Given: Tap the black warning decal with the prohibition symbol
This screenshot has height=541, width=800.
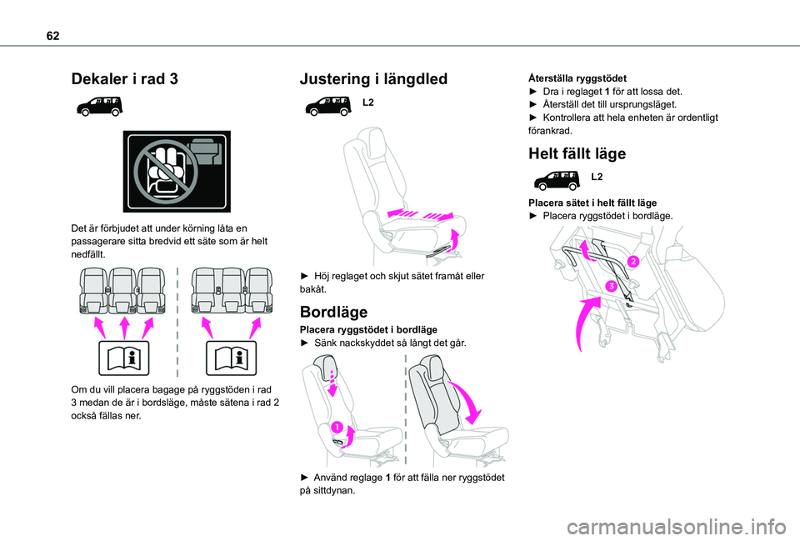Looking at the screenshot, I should (x=177, y=171).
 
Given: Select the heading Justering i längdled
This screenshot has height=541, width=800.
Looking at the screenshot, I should (x=373, y=78).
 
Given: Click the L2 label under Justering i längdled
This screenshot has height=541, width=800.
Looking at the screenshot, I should (x=368, y=102).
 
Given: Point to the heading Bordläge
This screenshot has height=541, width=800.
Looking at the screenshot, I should (x=333, y=312).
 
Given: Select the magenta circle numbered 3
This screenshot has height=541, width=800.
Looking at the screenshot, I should (x=612, y=287).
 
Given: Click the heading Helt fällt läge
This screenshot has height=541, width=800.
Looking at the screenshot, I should (x=577, y=153).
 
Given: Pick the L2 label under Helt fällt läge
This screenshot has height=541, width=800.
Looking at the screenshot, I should (x=597, y=177).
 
